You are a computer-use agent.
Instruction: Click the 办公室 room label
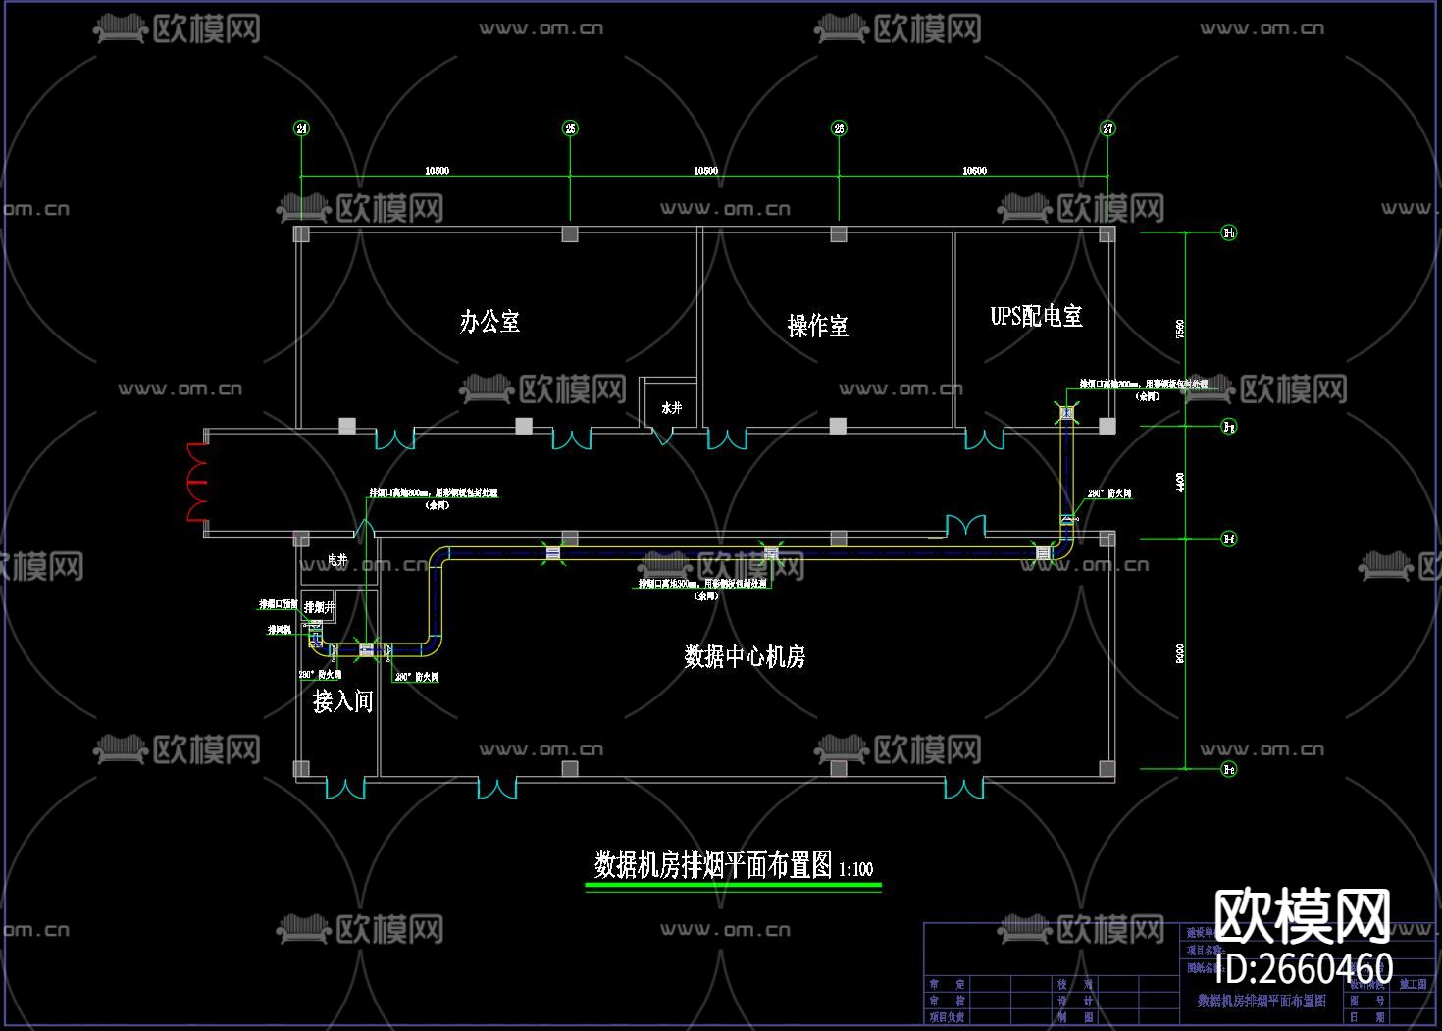pos(489,322)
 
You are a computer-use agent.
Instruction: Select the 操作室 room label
pos(817,326)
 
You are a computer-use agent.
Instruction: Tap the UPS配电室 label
pos(1036,316)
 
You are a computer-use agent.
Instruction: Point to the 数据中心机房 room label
pos(745,656)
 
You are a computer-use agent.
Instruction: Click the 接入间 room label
pos(342,701)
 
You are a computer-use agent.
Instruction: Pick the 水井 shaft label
pos(671,407)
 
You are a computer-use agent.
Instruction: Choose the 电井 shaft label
pos(337,560)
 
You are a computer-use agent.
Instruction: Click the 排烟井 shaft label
pos(319,607)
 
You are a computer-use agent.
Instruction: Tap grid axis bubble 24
pos(301,129)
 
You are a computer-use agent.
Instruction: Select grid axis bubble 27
pos(1107,129)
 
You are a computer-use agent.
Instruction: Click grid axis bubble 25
pos(570,129)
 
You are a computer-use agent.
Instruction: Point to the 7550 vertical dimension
pos(1180,330)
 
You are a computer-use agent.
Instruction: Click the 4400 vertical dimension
pos(1180,482)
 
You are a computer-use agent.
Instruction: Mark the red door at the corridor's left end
pos(197,481)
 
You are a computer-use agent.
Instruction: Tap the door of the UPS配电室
pos(984,438)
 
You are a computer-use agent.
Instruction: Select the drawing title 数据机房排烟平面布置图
pos(713,865)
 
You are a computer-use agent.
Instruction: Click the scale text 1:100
pos(856,869)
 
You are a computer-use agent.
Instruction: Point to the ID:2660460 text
pos(1304,968)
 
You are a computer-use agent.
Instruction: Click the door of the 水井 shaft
pos(664,435)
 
